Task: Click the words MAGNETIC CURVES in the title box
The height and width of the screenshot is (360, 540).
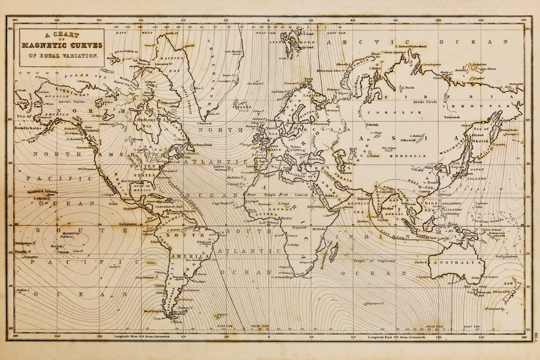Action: tap(62, 45)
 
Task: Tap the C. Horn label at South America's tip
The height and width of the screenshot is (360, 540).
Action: tap(176, 321)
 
